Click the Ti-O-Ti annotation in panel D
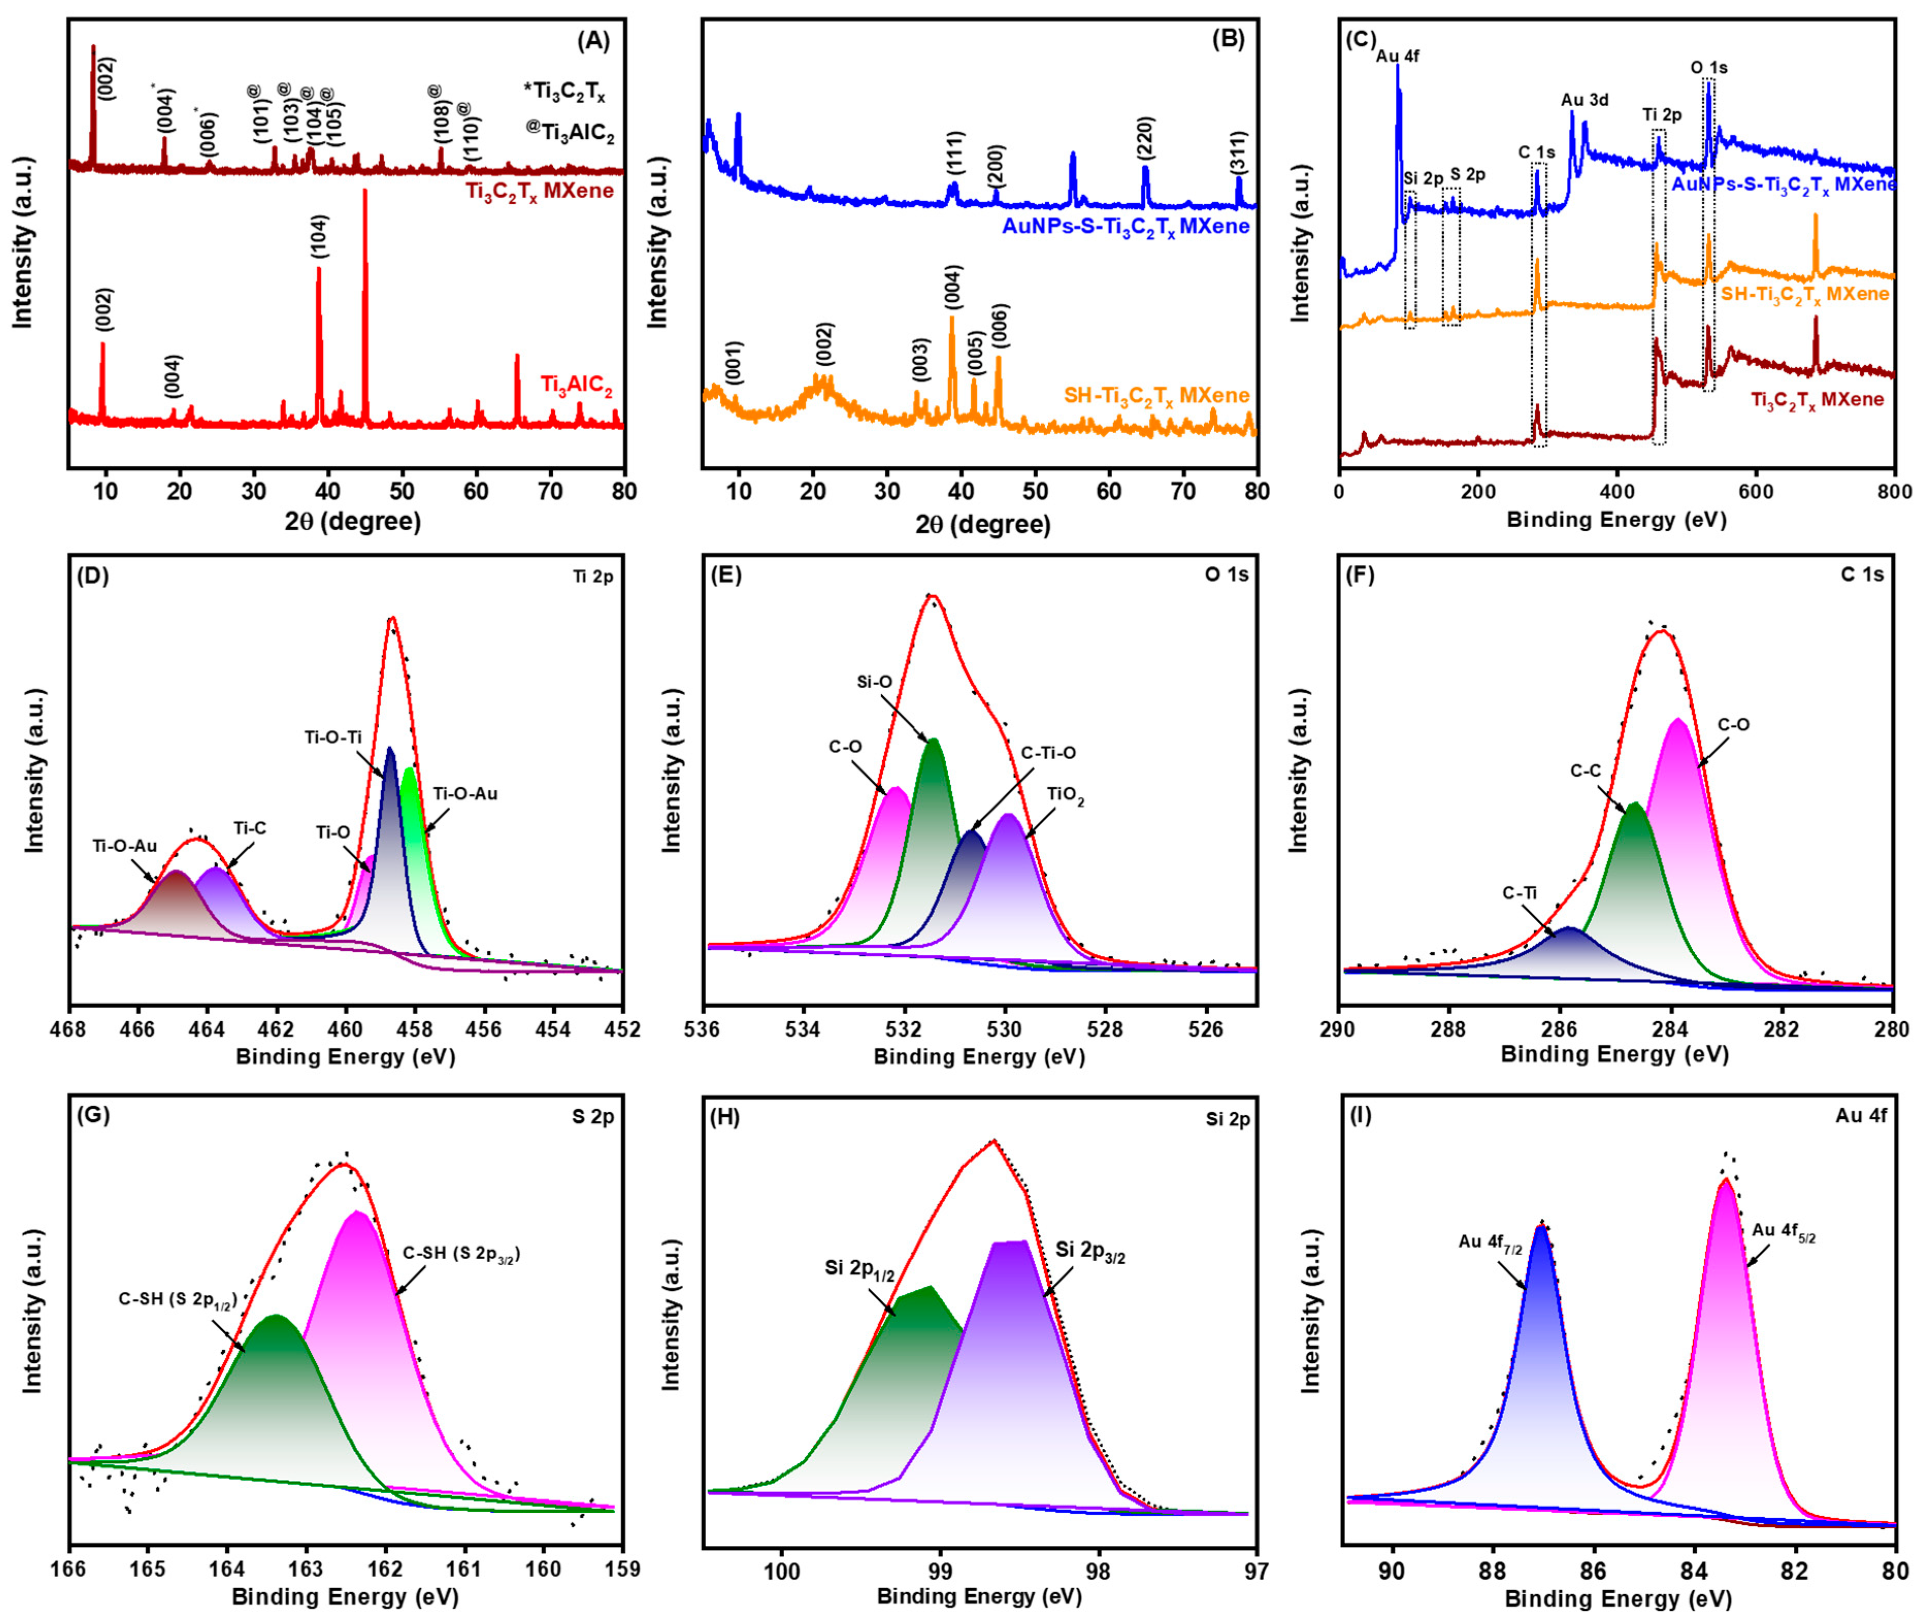pyautogui.click(x=333, y=737)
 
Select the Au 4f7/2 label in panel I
pyautogui.click(x=1490, y=1242)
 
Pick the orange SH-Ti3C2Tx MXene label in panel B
pyautogui.click(x=1156, y=396)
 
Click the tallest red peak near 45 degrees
pyautogui.click(x=365, y=193)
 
